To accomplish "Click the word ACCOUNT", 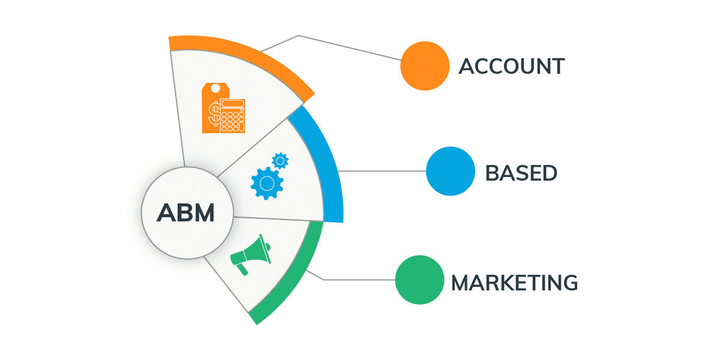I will click(511, 66).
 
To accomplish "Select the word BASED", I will click(521, 173).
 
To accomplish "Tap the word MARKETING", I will click(514, 282).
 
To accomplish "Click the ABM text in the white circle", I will click(185, 213).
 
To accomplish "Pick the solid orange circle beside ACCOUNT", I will click(425, 66).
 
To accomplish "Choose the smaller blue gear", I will click(280, 160).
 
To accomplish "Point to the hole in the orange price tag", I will click(215, 89).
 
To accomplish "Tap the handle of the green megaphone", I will click(241, 268).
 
